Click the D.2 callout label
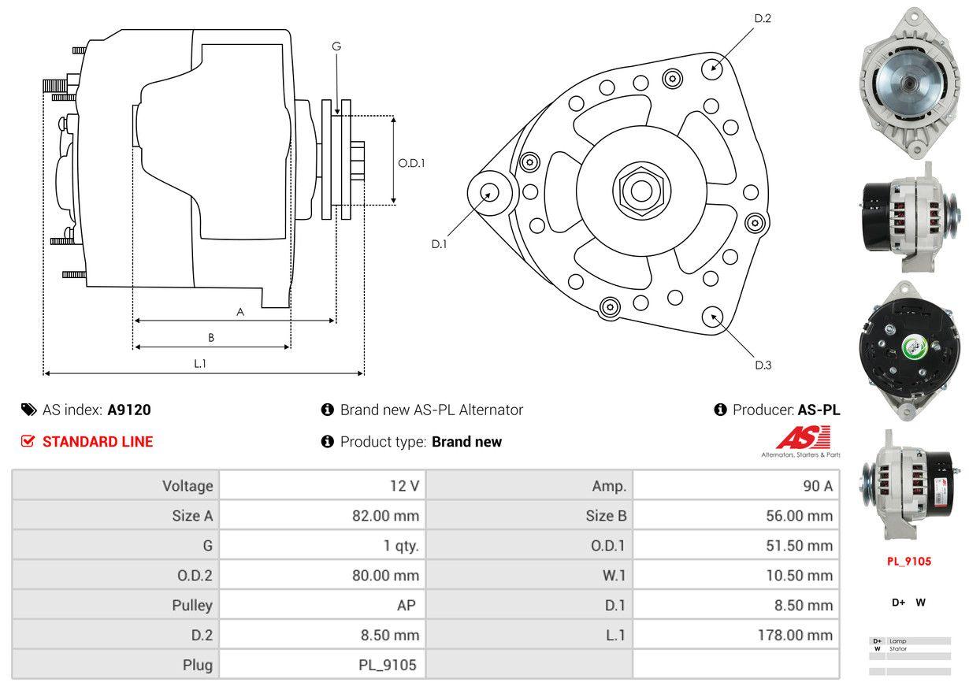coord(762,18)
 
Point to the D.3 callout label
coord(763,365)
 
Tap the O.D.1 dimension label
coord(411,163)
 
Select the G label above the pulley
coord(336,46)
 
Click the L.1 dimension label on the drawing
coord(200,363)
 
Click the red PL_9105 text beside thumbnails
coord(908,562)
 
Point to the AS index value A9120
coord(129,410)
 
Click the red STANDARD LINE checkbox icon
coord(28,442)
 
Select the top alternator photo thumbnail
coord(910,83)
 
